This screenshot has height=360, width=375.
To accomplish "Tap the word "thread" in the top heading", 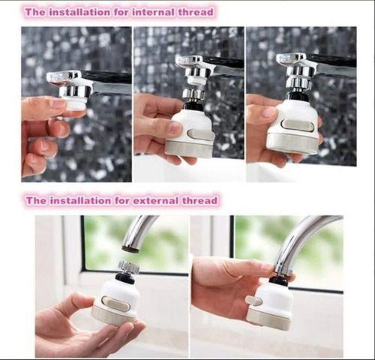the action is pos(196,12).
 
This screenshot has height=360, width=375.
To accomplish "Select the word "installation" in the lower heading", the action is pos(80,200).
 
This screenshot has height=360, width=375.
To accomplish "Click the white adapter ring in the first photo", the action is pos(76,103).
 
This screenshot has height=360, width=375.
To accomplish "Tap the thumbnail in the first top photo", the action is pos(58,103).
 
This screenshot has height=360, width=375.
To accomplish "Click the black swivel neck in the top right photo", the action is pos(299,96).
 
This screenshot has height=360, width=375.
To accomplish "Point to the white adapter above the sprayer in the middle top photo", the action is pos(196,80).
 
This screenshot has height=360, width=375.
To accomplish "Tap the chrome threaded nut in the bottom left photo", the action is pos(128,266).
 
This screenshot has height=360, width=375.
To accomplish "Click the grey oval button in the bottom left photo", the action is pos(115,304).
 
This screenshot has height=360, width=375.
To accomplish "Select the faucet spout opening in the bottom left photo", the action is pos(130,249).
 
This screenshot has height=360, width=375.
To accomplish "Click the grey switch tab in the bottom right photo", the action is pos(253,301).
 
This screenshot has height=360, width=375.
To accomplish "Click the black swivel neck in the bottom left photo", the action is pos(125,277).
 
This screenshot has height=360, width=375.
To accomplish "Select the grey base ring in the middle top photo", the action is pos(189,148).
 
